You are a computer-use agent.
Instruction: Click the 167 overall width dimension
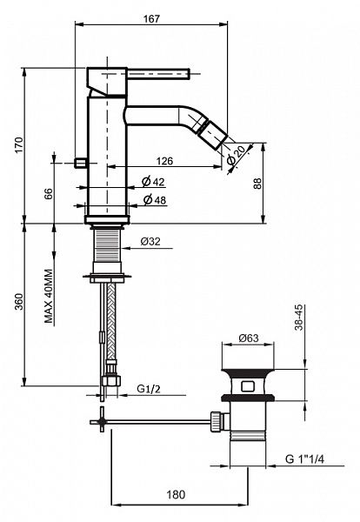click(151, 19)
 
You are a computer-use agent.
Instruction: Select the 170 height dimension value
click(19, 144)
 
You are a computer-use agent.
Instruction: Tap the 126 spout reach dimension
click(165, 161)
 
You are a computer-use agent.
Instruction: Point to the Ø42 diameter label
click(153, 182)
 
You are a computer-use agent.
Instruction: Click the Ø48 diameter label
click(155, 200)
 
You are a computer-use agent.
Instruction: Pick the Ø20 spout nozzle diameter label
click(237, 156)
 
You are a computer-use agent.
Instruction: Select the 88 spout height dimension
click(258, 184)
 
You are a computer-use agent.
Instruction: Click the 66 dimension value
click(49, 193)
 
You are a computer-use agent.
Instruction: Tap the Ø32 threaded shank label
click(150, 241)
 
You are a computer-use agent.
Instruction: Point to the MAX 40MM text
click(49, 297)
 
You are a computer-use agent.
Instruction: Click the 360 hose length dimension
click(19, 301)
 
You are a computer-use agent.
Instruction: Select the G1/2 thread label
click(149, 389)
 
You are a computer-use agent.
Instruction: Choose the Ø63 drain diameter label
click(249, 338)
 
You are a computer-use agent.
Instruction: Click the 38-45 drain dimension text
click(299, 318)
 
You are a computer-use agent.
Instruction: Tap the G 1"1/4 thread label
click(304, 459)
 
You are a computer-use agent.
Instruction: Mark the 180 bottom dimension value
click(176, 494)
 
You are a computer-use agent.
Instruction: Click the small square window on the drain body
click(247, 386)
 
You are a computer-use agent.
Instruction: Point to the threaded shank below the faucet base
click(106, 245)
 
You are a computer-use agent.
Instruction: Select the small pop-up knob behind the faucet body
click(81, 163)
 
